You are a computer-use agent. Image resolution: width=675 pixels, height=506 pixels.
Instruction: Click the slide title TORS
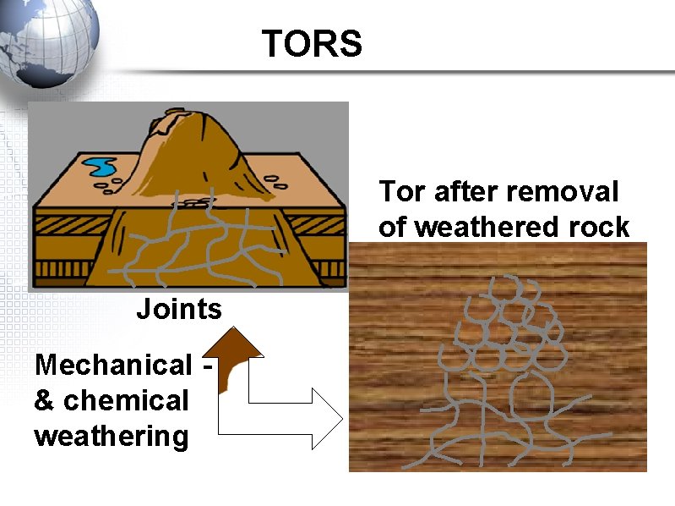point(312,43)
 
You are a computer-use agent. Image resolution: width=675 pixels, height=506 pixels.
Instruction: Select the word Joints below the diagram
point(179,309)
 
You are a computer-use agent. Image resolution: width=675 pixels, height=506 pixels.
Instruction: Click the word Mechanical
point(113,366)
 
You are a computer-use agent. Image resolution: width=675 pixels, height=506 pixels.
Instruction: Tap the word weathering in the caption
point(111,437)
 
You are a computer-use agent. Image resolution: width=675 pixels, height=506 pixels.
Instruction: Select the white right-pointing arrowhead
point(324,417)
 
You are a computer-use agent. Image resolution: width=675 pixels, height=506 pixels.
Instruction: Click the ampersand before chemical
point(44,400)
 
